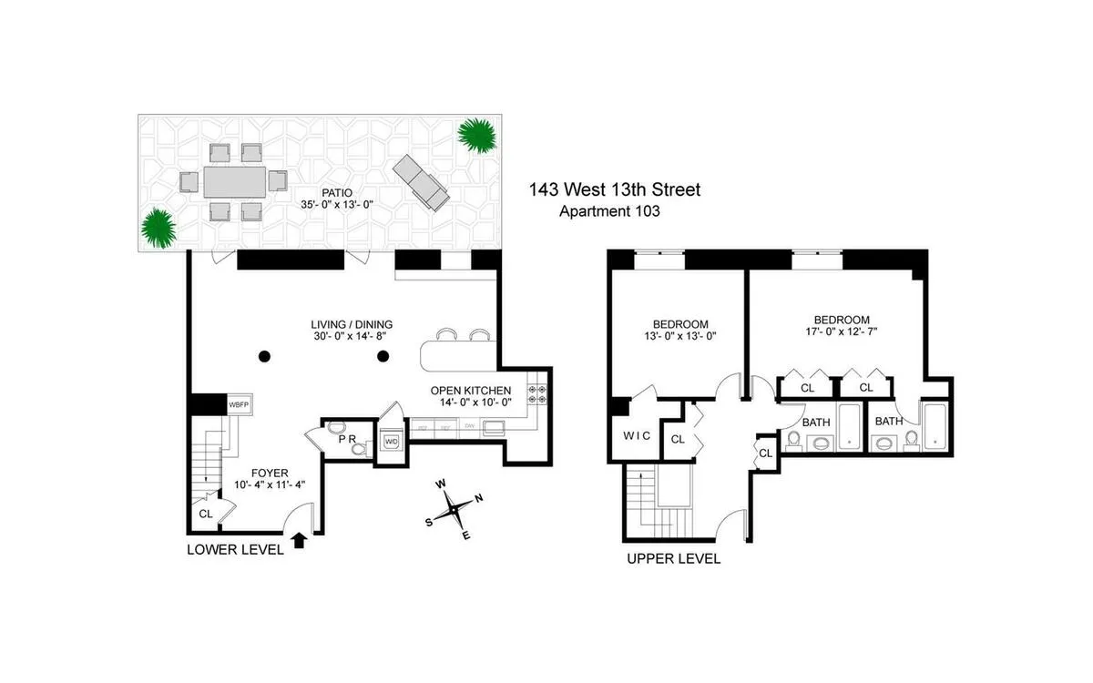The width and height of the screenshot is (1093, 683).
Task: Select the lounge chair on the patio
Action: coord(422,181)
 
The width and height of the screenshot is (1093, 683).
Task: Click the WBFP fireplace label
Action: coord(239,404)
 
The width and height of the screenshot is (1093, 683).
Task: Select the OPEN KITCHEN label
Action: coord(471,392)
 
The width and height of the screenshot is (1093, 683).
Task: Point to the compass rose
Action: coord(452,510)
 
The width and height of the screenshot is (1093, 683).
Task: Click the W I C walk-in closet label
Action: coord(638,436)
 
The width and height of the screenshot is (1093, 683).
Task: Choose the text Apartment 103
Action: coord(608,211)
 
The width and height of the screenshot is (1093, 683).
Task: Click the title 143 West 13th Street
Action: coord(615,190)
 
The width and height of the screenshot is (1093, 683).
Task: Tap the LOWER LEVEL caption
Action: coord(231,549)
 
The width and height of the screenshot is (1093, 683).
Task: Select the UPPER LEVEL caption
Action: coord(673,558)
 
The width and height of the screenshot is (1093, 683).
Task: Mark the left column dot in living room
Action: coord(263,355)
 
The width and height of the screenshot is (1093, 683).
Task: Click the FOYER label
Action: coord(271,473)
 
